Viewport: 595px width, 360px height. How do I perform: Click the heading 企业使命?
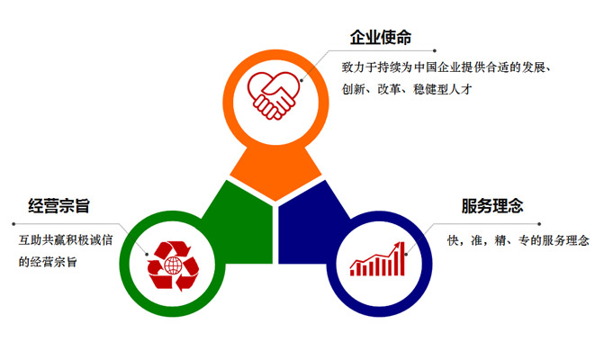point(381,38)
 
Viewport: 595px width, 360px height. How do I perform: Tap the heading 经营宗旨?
point(59,206)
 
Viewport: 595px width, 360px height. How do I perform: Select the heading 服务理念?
point(492,206)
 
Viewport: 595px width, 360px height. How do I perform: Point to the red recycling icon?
point(174,265)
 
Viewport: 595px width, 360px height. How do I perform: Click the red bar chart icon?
point(377,258)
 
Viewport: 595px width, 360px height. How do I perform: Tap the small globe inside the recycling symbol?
point(173,265)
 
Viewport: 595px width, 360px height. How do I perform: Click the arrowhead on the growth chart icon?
point(400,245)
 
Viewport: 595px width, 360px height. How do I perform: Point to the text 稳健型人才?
point(443,89)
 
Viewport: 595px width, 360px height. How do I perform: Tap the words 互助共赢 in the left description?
point(41,240)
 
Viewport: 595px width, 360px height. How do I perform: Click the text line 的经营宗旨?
point(48,262)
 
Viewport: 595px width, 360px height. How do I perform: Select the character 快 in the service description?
point(453,240)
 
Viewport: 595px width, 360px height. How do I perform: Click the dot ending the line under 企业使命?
point(435,50)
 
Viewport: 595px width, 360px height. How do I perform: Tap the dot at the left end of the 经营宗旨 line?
point(14,224)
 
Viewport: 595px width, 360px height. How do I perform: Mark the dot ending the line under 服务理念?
point(539,224)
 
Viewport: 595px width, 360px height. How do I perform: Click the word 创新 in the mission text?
point(353,89)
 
